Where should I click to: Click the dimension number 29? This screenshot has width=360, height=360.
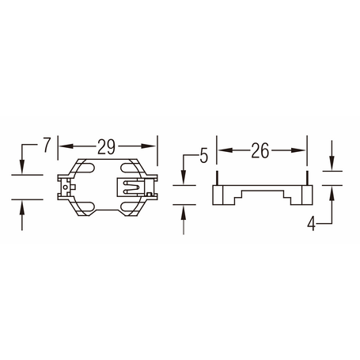click(106, 146)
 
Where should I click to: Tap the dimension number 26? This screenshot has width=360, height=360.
click(260, 150)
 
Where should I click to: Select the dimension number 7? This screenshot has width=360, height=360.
click(47, 145)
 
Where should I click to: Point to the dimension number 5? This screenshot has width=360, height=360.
click(204, 156)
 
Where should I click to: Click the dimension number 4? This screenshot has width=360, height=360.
click(312, 224)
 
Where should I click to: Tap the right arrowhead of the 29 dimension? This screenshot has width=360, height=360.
click(149, 146)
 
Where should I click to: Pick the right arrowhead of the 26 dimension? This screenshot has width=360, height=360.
click(298, 150)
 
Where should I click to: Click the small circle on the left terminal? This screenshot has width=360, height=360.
click(65, 187)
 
